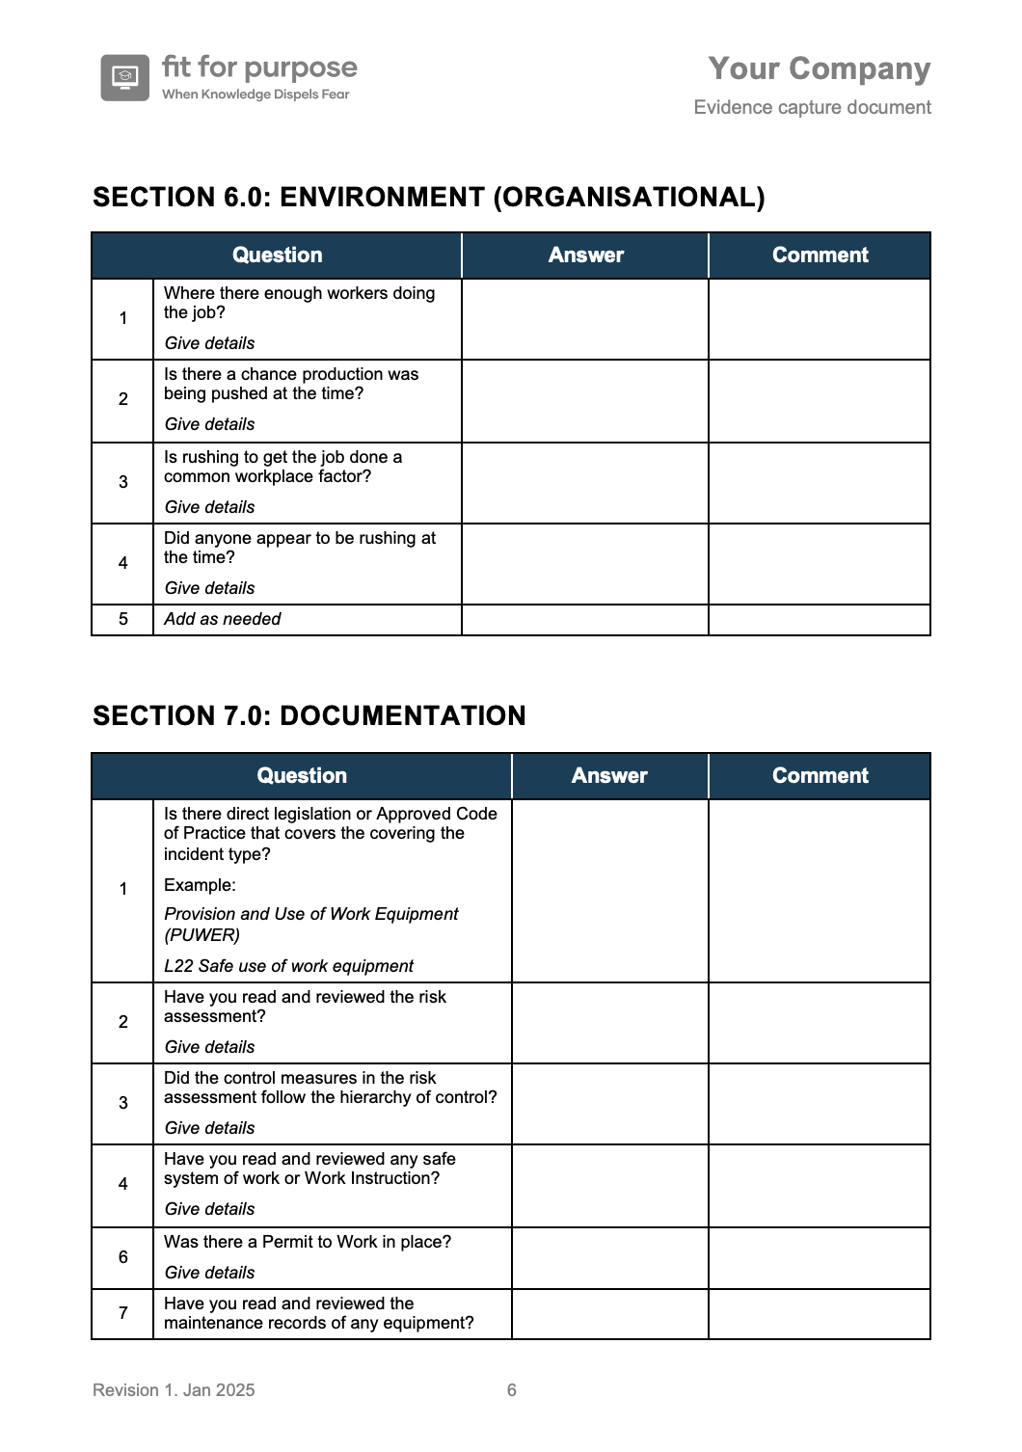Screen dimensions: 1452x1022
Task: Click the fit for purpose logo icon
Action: click(x=124, y=77)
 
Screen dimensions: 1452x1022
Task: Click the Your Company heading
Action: click(x=819, y=68)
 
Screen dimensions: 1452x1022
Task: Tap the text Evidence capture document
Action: click(x=812, y=107)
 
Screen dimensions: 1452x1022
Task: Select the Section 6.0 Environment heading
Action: click(x=428, y=197)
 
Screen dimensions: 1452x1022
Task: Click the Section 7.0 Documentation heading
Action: click(x=309, y=715)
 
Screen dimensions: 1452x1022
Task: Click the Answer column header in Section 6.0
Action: click(x=585, y=255)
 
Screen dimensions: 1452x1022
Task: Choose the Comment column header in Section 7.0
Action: click(x=820, y=776)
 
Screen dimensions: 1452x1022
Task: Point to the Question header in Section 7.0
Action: click(x=301, y=776)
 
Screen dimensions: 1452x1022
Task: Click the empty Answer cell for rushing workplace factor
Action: click(x=585, y=483)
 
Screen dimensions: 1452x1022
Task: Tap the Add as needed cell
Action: click(x=223, y=619)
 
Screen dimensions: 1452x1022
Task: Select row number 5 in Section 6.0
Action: click(x=122, y=619)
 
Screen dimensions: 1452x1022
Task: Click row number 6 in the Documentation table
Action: click(x=122, y=1257)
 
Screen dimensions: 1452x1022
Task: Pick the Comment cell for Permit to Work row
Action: click(x=820, y=1257)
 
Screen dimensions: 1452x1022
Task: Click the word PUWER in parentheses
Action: click(x=202, y=935)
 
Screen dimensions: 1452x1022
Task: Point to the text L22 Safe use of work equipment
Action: click(x=288, y=966)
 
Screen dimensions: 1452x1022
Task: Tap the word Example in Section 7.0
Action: click(x=199, y=885)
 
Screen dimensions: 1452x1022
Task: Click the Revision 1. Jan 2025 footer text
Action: click(x=174, y=1390)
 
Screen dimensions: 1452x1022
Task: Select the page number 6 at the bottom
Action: click(x=511, y=1390)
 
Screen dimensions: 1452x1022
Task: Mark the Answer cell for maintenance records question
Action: click(x=609, y=1313)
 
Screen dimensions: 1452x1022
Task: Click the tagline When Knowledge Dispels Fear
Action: click(x=255, y=94)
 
